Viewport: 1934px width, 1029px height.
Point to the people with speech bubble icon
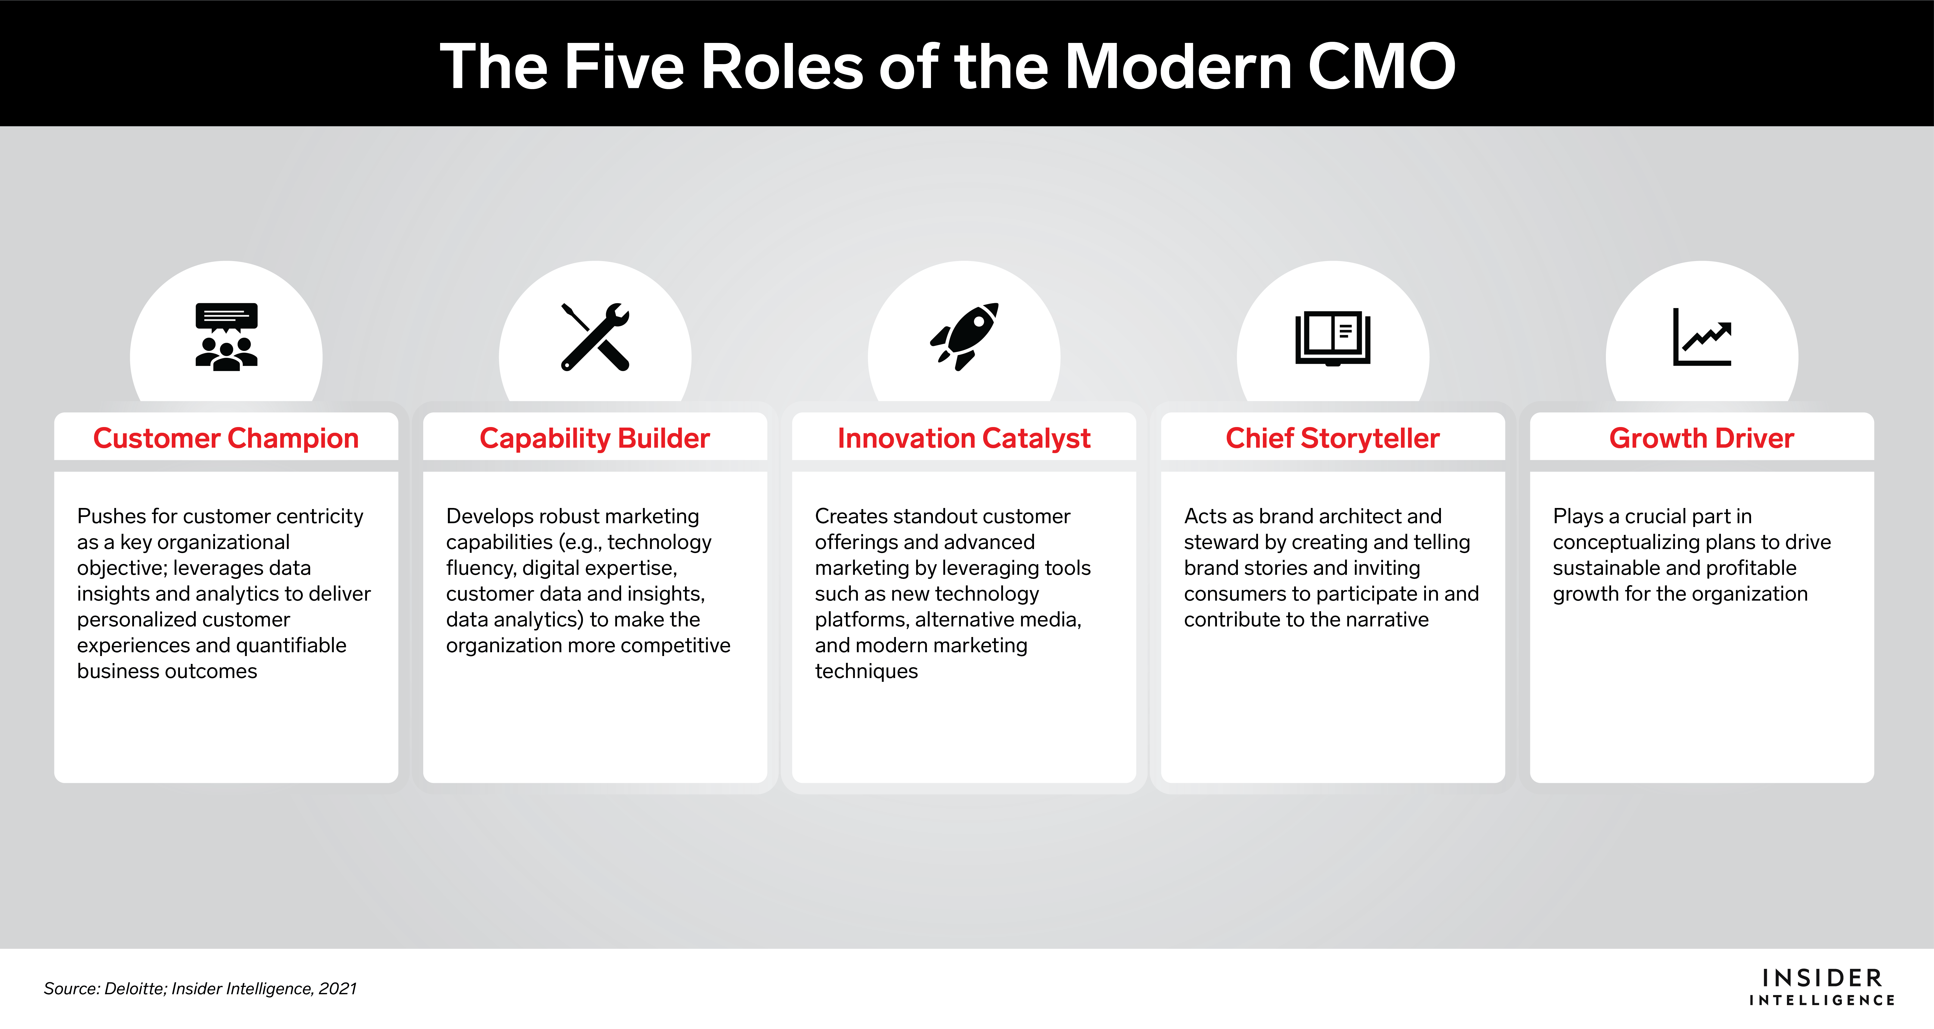pos(226,337)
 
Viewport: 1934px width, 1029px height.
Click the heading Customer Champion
pos(226,438)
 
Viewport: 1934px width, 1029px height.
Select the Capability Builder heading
pos(595,438)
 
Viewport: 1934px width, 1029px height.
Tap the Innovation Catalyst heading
pos(964,438)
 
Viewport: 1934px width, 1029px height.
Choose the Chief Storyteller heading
pos(1333,438)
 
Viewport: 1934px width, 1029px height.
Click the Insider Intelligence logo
pos(1822,987)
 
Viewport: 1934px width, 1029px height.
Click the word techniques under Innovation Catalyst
pos(866,671)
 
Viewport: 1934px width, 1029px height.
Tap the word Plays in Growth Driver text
pos(1577,516)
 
